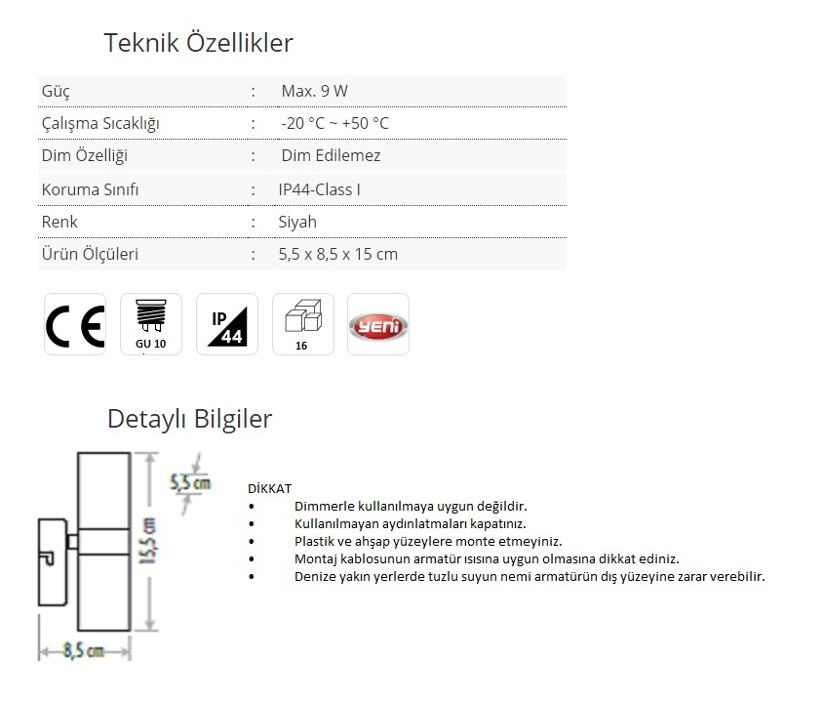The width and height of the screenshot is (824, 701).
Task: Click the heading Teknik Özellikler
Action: tap(198, 43)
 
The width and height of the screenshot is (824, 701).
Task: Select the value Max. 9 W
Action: tap(314, 91)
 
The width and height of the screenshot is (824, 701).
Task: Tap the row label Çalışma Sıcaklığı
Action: tap(100, 124)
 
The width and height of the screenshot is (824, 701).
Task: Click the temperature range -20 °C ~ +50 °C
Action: tap(334, 123)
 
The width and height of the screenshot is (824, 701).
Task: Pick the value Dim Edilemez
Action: tap(332, 155)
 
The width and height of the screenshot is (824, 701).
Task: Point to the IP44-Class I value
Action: tap(320, 189)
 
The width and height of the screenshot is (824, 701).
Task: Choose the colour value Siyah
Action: tap(297, 222)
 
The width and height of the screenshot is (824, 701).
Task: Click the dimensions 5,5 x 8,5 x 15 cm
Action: tap(338, 254)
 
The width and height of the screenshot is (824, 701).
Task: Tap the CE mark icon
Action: tap(75, 324)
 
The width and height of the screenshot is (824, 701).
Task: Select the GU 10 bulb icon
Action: tap(151, 324)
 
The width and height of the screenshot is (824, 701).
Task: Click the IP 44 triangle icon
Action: tap(227, 324)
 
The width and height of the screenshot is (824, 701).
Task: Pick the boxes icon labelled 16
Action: tap(302, 324)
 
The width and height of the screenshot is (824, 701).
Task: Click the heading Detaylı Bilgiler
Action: tap(190, 420)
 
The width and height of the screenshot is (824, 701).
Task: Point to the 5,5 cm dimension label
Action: tap(190, 482)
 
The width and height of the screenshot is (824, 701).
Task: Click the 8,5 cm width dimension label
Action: tap(84, 650)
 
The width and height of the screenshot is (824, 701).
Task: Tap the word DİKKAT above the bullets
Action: tap(269, 488)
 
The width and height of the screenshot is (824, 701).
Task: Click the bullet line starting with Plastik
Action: tap(428, 542)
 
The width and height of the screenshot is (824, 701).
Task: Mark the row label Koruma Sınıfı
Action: tap(90, 189)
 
